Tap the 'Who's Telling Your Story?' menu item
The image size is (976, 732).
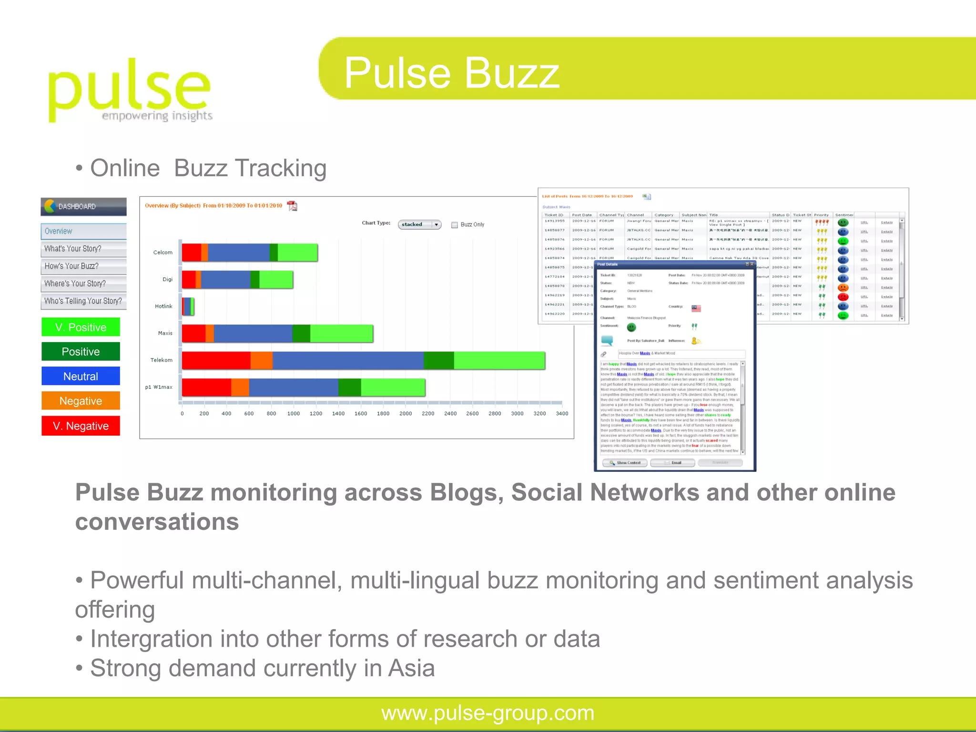(x=83, y=301)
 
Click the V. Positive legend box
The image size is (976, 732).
(x=81, y=327)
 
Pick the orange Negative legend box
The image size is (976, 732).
(x=81, y=401)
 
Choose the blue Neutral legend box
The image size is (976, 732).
(x=81, y=376)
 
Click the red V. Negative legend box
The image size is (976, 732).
(x=81, y=426)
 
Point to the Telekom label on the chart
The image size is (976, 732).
(x=162, y=360)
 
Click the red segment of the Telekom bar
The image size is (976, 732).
(x=216, y=360)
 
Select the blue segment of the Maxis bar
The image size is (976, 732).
(x=253, y=334)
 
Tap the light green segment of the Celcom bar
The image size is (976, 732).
(x=297, y=253)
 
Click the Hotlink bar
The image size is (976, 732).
(x=188, y=306)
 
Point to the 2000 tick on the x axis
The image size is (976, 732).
(x=406, y=414)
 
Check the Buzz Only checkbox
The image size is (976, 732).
(x=455, y=225)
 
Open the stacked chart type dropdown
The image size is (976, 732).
(x=419, y=224)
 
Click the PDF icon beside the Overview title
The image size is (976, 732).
(x=292, y=206)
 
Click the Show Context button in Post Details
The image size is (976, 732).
(x=625, y=463)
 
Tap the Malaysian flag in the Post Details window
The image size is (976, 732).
(x=696, y=308)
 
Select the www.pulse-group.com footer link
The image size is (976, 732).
(x=488, y=713)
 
